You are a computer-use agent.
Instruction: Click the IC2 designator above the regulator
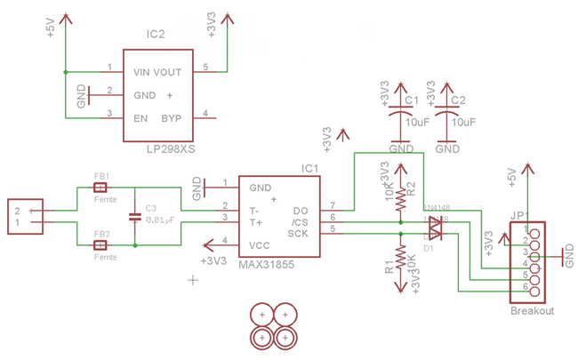(156, 35)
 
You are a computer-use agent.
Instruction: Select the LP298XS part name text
(170, 149)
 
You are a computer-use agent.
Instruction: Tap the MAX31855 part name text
(266, 265)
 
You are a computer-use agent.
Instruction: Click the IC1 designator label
(309, 167)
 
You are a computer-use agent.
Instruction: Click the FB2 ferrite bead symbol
(101, 244)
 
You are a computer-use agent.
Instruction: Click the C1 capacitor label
(411, 100)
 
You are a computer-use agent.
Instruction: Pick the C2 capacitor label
(459, 100)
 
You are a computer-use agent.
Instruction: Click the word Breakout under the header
(533, 311)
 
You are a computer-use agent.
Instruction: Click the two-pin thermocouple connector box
(24, 216)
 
